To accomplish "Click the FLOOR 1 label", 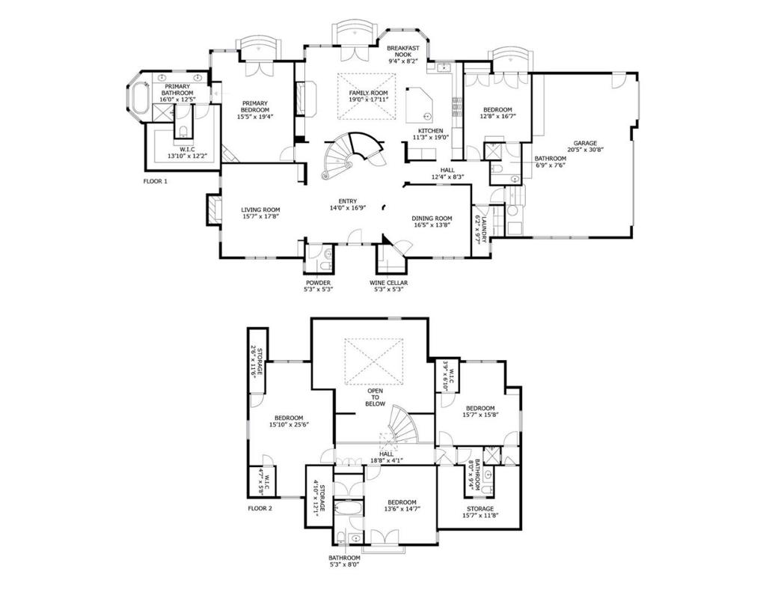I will (x=156, y=181).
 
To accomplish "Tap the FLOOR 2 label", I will (x=260, y=508).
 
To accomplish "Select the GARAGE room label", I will (x=586, y=143).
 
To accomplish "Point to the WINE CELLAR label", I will (x=388, y=283).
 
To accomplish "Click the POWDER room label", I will (x=318, y=283).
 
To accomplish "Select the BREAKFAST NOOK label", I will (x=403, y=51).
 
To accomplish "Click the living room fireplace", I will (x=213, y=210).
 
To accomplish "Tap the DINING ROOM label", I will (x=432, y=218).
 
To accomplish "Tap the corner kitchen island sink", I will (x=425, y=116).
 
